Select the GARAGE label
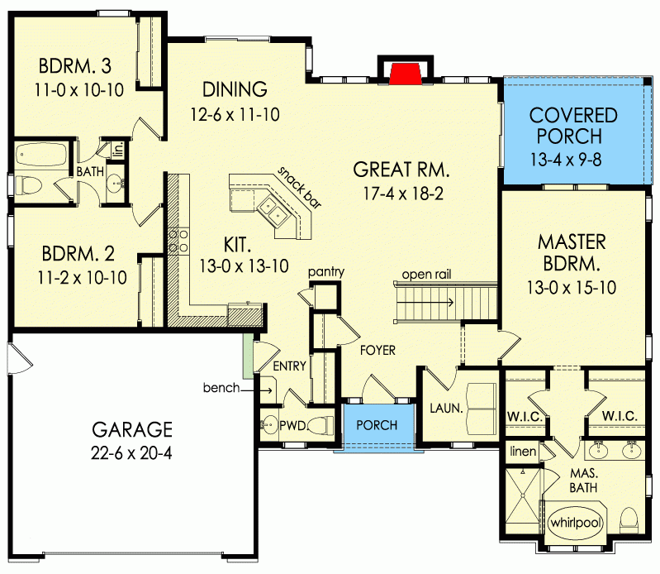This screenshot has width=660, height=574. [132, 429]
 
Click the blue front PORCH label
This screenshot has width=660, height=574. [377, 426]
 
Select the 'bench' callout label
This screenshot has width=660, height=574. [224, 387]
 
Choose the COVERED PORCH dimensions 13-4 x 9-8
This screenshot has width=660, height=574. [573, 155]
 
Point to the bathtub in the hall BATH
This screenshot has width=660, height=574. [41, 155]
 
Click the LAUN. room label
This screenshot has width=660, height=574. [443, 408]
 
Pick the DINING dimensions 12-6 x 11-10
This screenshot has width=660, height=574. [235, 114]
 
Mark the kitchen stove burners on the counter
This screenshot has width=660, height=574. [176, 241]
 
